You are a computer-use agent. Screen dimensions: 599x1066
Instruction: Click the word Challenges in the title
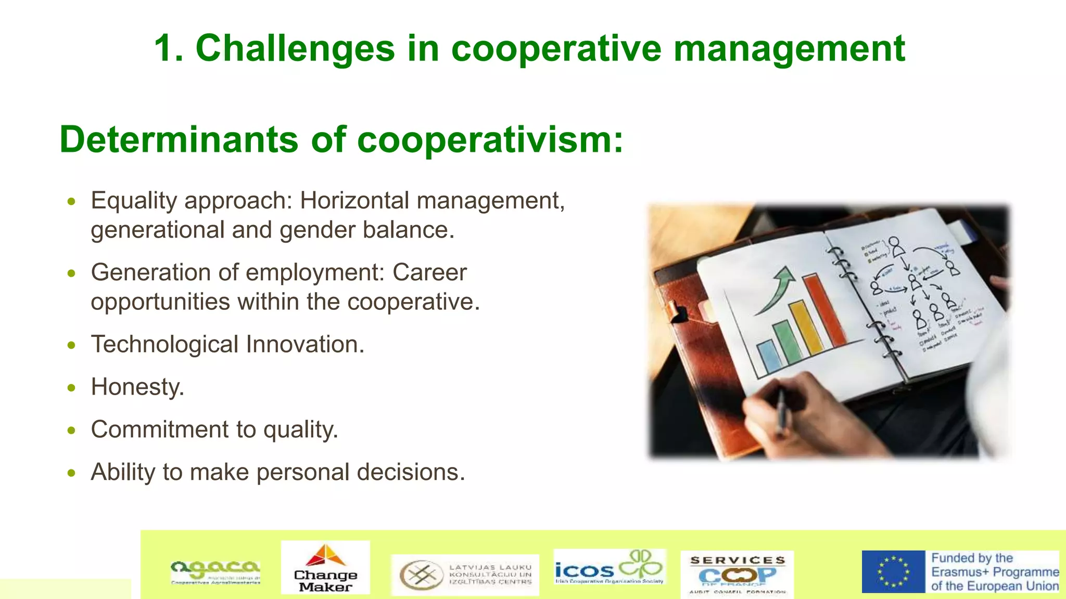(295, 49)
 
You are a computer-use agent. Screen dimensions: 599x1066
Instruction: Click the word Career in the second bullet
(429, 272)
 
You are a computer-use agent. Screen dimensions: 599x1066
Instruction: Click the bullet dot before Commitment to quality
(72, 431)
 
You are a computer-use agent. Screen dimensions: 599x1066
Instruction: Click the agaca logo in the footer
(215, 572)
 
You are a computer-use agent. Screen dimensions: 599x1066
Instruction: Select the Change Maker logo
(325, 567)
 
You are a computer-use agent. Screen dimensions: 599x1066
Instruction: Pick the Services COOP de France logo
(737, 574)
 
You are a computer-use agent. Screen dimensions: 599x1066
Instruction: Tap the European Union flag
(893, 571)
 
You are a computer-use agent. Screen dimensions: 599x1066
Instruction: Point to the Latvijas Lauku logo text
(490, 575)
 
